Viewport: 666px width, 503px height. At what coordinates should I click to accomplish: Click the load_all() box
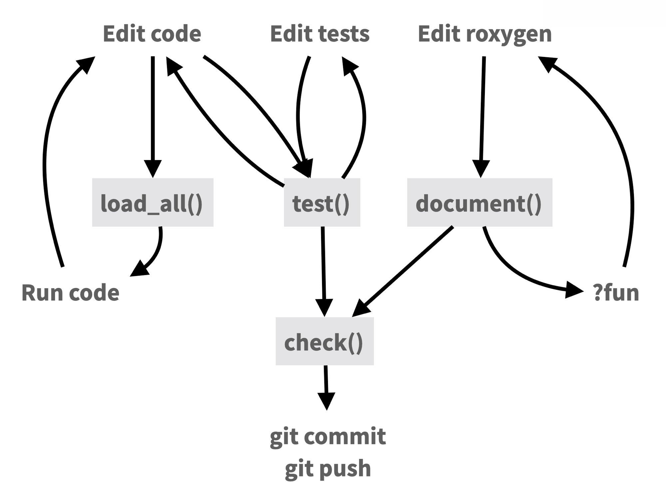pos(153,202)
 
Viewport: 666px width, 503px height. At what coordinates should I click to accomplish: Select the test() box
pos(322,202)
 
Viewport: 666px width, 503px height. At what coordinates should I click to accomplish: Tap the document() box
pos(480,202)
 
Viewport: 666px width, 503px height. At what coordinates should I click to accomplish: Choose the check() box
pos(324,341)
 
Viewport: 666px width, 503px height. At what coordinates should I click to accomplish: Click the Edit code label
pos(152,34)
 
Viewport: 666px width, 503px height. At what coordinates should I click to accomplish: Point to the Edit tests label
pos(320,34)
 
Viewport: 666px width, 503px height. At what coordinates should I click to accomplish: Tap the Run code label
pos(70,293)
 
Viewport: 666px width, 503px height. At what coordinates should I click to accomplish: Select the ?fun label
pos(616,293)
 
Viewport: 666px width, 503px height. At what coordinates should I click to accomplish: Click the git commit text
pos(328,436)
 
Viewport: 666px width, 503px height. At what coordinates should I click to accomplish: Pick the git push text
pos(328,468)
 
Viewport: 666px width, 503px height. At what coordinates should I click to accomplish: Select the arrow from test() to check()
pos(323,266)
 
